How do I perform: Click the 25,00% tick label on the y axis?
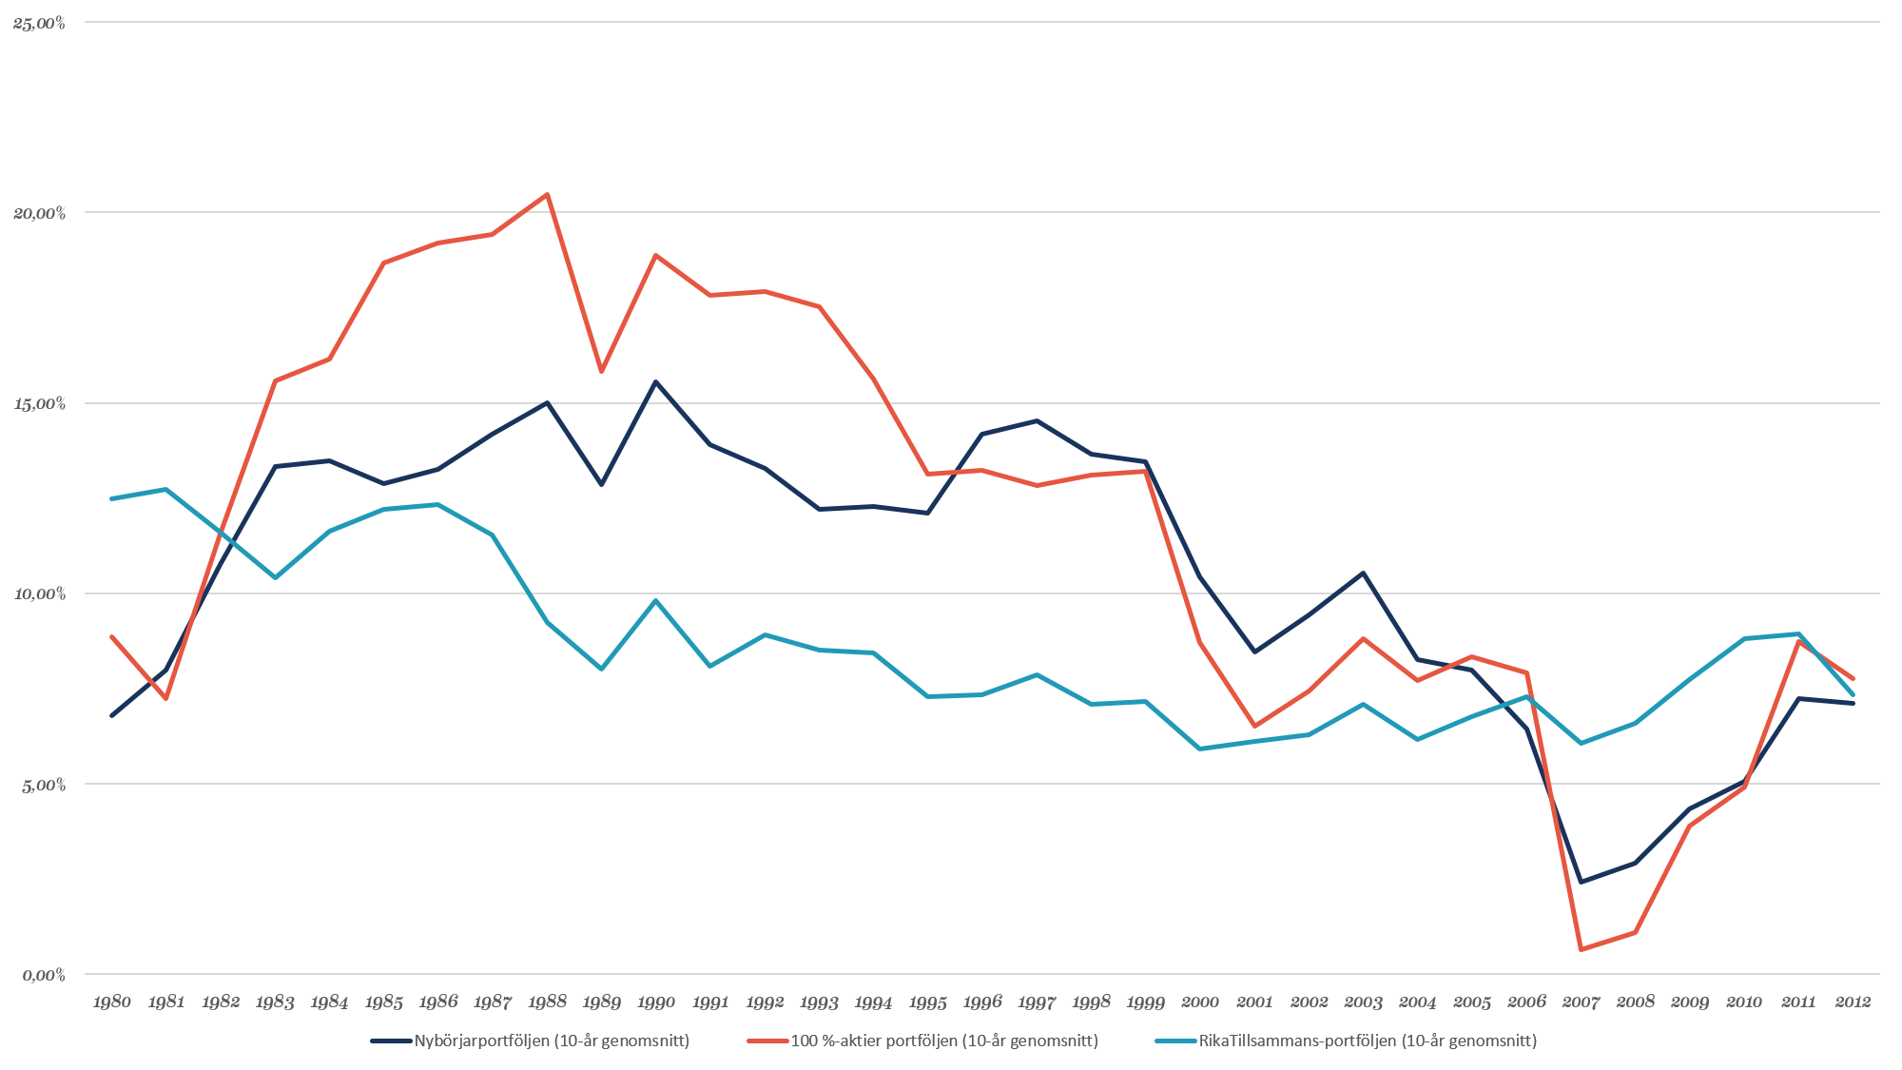pos(39,23)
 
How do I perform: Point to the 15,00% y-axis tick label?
pos(39,404)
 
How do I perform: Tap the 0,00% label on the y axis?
pos(43,975)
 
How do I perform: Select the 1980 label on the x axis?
pos(112,1002)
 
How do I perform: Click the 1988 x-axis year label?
pos(547,1002)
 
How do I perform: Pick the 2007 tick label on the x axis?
pos(1581,1002)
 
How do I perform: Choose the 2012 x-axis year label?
pos(1853,1002)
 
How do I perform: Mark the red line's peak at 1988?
pos(547,194)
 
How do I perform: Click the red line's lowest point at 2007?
pos(1581,949)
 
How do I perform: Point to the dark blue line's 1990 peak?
pos(656,381)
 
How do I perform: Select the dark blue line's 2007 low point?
pos(1581,882)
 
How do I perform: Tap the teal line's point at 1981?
pos(166,489)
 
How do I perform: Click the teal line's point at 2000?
pos(1200,749)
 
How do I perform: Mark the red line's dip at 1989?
pos(601,372)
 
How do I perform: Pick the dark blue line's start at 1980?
pos(112,715)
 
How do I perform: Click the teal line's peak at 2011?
pos(1798,633)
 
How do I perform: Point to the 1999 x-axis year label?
pos(1145,1002)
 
